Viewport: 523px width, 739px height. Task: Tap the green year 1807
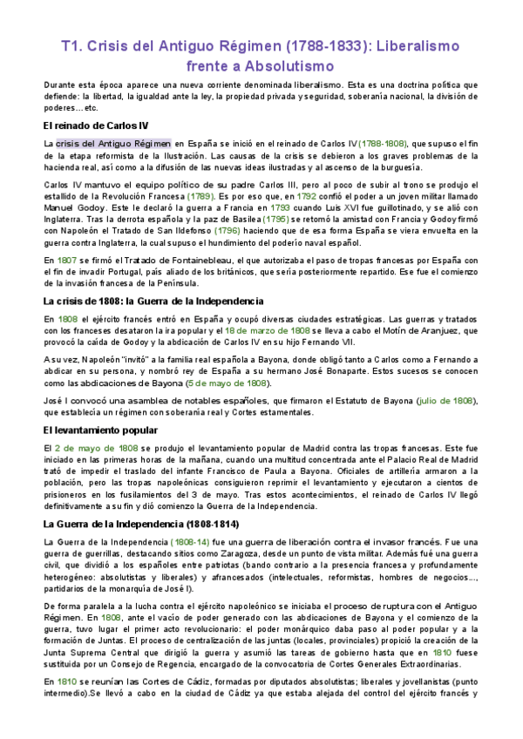pos(58,259)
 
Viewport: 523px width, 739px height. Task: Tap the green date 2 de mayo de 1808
pos(96,448)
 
